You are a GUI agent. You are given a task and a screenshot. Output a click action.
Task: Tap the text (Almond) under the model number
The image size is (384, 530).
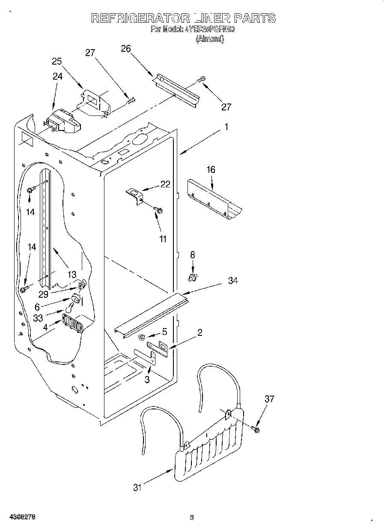click(x=209, y=39)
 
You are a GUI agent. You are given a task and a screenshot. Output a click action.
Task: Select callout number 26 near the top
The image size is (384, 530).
click(x=125, y=48)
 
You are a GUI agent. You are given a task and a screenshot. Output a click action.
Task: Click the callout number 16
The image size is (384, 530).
click(x=211, y=170)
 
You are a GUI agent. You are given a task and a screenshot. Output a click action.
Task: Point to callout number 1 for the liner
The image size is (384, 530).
click(x=226, y=127)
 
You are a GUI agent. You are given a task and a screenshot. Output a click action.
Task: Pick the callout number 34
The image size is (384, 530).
click(x=233, y=281)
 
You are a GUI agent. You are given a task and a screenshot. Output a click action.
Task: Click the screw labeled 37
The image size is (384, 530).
click(x=256, y=429)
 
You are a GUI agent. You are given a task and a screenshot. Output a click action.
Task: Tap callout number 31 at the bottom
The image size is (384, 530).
click(x=137, y=487)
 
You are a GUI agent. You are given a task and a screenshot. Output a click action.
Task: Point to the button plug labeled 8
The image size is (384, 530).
click(x=192, y=278)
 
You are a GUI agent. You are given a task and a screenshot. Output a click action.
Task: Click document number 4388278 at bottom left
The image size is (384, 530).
click(x=20, y=517)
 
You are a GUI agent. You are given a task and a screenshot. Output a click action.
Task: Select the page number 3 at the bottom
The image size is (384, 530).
click(x=192, y=518)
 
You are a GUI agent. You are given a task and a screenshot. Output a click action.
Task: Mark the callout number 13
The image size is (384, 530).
click(x=71, y=275)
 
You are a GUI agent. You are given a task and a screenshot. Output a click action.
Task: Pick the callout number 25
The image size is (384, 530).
click(x=57, y=61)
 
